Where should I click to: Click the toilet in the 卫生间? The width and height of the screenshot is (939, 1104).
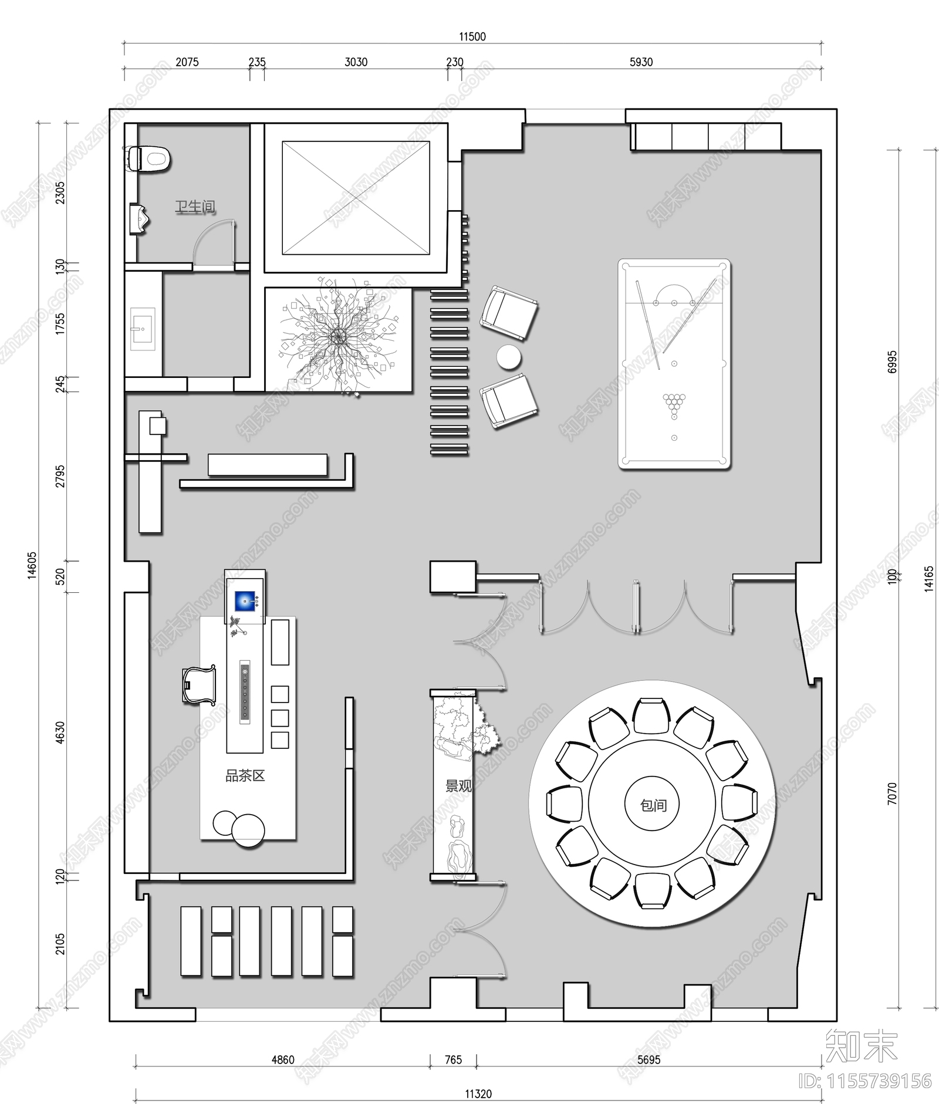tap(150, 158)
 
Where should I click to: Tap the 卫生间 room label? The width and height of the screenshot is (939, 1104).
tap(195, 207)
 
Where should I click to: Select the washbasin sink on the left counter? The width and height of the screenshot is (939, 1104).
tap(141, 329)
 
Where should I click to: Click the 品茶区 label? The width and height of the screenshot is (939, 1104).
tap(245, 776)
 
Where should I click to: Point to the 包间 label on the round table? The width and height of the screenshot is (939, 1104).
tap(653, 805)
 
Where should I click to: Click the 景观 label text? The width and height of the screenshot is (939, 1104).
tap(458, 786)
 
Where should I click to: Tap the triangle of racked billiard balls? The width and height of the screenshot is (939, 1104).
tap(674, 403)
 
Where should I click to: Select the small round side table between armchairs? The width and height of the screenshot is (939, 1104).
tap(508, 356)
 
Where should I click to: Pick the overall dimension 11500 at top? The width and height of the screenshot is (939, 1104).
tap(472, 36)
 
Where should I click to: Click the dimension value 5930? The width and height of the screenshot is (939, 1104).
tap(641, 62)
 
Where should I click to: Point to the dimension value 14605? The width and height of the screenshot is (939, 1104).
tap(32, 565)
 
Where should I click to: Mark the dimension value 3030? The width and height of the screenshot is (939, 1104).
tap(356, 62)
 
